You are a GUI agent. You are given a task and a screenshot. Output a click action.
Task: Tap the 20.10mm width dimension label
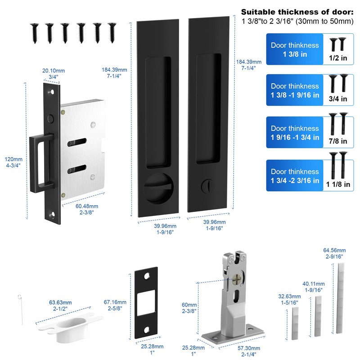[53, 74]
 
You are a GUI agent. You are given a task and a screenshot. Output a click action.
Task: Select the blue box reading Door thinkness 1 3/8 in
[295, 49]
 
